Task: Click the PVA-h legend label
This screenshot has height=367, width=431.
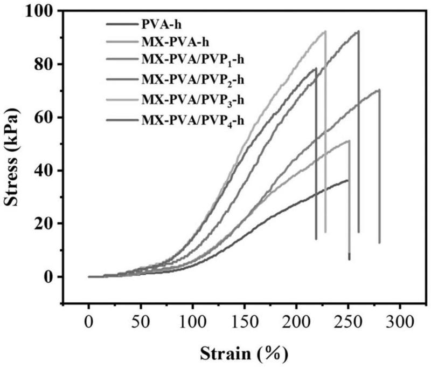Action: click(161, 24)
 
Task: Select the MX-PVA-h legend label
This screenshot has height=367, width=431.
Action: click(175, 43)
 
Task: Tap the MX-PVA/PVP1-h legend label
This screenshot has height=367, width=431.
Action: click(193, 60)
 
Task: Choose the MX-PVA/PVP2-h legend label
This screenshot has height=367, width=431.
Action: click(193, 80)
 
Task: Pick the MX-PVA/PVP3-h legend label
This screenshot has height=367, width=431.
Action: click(193, 100)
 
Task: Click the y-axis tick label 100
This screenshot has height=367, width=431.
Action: click(39, 11)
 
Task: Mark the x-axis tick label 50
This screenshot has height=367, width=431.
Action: click(141, 322)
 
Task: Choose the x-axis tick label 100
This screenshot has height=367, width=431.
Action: click(192, 322)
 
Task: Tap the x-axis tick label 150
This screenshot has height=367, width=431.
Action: click(244, 322)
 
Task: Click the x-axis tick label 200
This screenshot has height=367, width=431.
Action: click(296, 322)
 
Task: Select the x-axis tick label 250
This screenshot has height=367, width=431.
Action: click(347, 322)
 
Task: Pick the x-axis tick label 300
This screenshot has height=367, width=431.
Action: click(399, 322)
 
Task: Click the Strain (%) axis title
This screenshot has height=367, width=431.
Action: click(244, 354)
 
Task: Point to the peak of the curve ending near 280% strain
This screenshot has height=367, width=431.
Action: click(379, 90)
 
